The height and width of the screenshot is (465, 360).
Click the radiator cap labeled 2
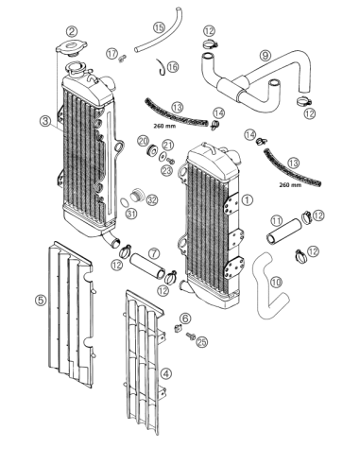coord(71,48)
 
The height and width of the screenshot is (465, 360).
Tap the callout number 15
coord(159,27)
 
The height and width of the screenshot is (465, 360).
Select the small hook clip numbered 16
coord(162,67)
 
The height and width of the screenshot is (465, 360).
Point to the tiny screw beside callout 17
coord(123,58)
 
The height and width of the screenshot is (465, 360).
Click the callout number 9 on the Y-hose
coord(266,56)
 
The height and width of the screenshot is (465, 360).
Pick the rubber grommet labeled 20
coord(152,149)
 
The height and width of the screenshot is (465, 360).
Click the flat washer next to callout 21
coord(163,156)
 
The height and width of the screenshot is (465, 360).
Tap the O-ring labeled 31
coord(125,202)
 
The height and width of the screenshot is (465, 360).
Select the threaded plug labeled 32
coord(137,195)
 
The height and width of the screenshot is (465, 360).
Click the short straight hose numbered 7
coord(147,267)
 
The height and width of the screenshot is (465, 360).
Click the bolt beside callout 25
coord(191,336)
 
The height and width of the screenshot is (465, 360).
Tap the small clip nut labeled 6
coord(178,328)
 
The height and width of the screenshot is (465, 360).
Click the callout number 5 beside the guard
coord(41,300)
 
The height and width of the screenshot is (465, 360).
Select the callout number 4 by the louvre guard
coord(166,374)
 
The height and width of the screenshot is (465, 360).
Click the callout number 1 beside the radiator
coord(248,199)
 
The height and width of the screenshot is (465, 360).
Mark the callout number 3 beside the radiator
coord(45,121)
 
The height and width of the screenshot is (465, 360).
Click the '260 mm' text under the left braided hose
coord(164,127)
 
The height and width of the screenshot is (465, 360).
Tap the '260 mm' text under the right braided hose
coord(290,185)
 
